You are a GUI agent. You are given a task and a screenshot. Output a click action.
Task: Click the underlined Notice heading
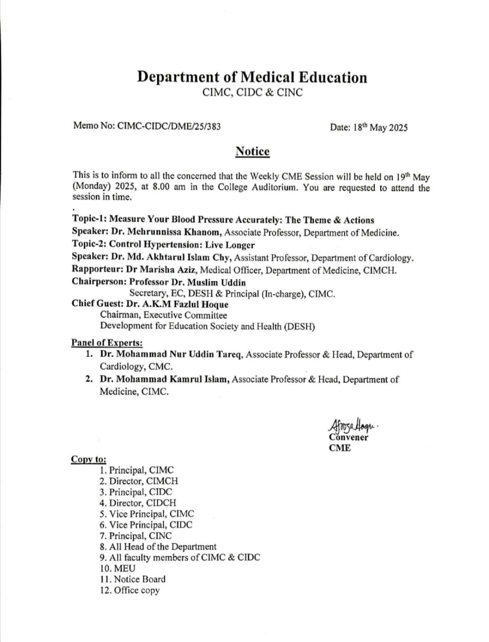click(x=252, y=151)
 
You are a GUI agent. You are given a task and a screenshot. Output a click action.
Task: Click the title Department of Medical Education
click(x=252, y=77)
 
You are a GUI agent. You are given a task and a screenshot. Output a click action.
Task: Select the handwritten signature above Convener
click(x=352, y=426)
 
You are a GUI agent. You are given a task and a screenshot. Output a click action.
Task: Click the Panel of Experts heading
click(x=107, y=343)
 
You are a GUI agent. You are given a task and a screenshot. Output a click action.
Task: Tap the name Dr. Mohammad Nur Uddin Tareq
click(x=172, y=355)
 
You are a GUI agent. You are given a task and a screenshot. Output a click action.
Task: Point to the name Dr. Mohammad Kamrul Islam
click(x=165, y=380)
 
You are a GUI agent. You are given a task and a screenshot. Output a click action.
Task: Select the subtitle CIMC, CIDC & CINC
click(x=252, y=93)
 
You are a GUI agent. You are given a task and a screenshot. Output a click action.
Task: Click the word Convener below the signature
click(x=349, y=437)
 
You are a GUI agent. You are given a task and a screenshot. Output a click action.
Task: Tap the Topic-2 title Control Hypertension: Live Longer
click(x=182, y=245)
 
